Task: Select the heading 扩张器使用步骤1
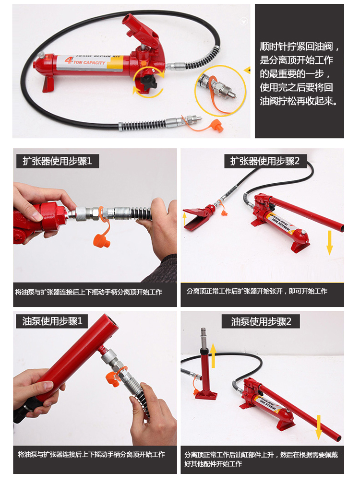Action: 56,161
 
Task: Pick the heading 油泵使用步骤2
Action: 261,321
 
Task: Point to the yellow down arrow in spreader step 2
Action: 330,242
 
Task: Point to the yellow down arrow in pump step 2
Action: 318,427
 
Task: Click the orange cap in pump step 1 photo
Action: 115,379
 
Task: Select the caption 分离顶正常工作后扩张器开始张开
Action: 257,291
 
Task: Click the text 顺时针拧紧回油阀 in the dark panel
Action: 299,47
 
